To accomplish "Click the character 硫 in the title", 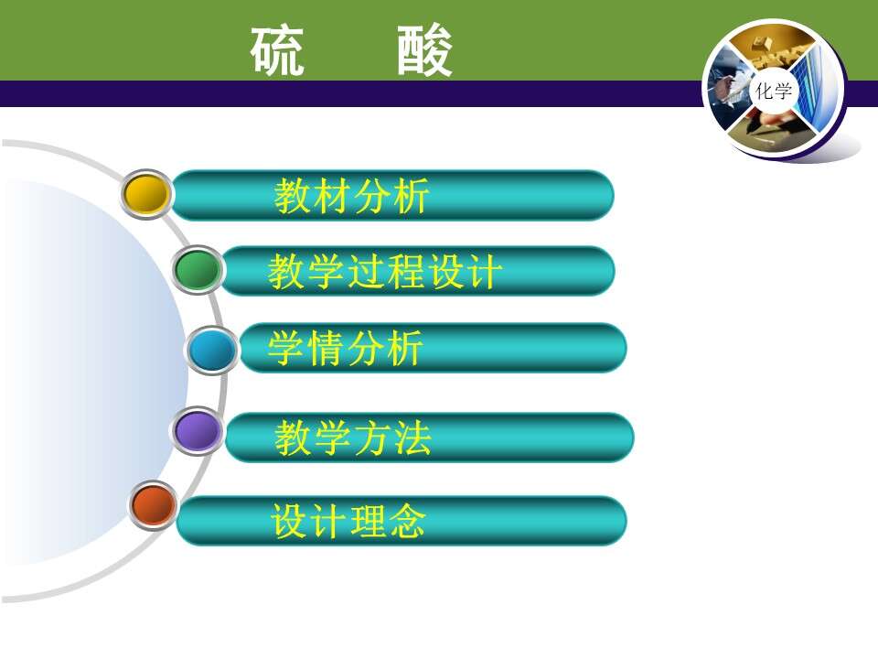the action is point(277,51).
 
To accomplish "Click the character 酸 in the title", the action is point(424,51).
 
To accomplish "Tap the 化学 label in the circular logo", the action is point(774,91).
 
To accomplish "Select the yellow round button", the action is point(146,194).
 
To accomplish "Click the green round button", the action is point(198,270).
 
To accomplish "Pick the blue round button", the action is point(211,351).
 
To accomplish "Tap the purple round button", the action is point(197,431).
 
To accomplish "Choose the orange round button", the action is point(153,505).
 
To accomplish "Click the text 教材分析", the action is point(351,196).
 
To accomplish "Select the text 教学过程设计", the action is point(385,272).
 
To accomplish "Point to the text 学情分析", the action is point(345,348).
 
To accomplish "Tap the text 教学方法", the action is point(353,438).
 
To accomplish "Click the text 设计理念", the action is point(348,521).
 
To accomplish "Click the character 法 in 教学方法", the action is point(412,438).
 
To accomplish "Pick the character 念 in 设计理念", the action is point(408,521).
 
